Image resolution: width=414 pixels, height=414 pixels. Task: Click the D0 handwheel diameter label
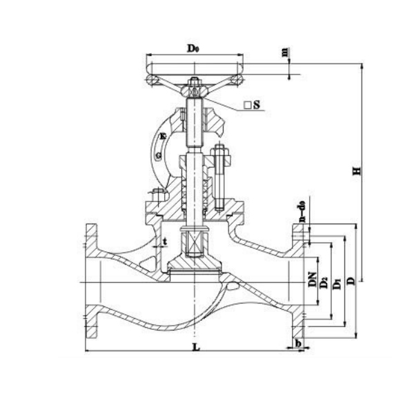coord(194,48)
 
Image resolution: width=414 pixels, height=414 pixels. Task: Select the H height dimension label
coord(356,169)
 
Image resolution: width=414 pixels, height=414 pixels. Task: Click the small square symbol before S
coord(246,106)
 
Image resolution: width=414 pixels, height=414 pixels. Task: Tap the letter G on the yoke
coord(160,157)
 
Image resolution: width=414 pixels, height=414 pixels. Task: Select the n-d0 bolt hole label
coord(301,209)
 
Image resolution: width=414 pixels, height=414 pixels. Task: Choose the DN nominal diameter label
coord(311,279)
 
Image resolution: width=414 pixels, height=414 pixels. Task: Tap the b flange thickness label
coord(297,343)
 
